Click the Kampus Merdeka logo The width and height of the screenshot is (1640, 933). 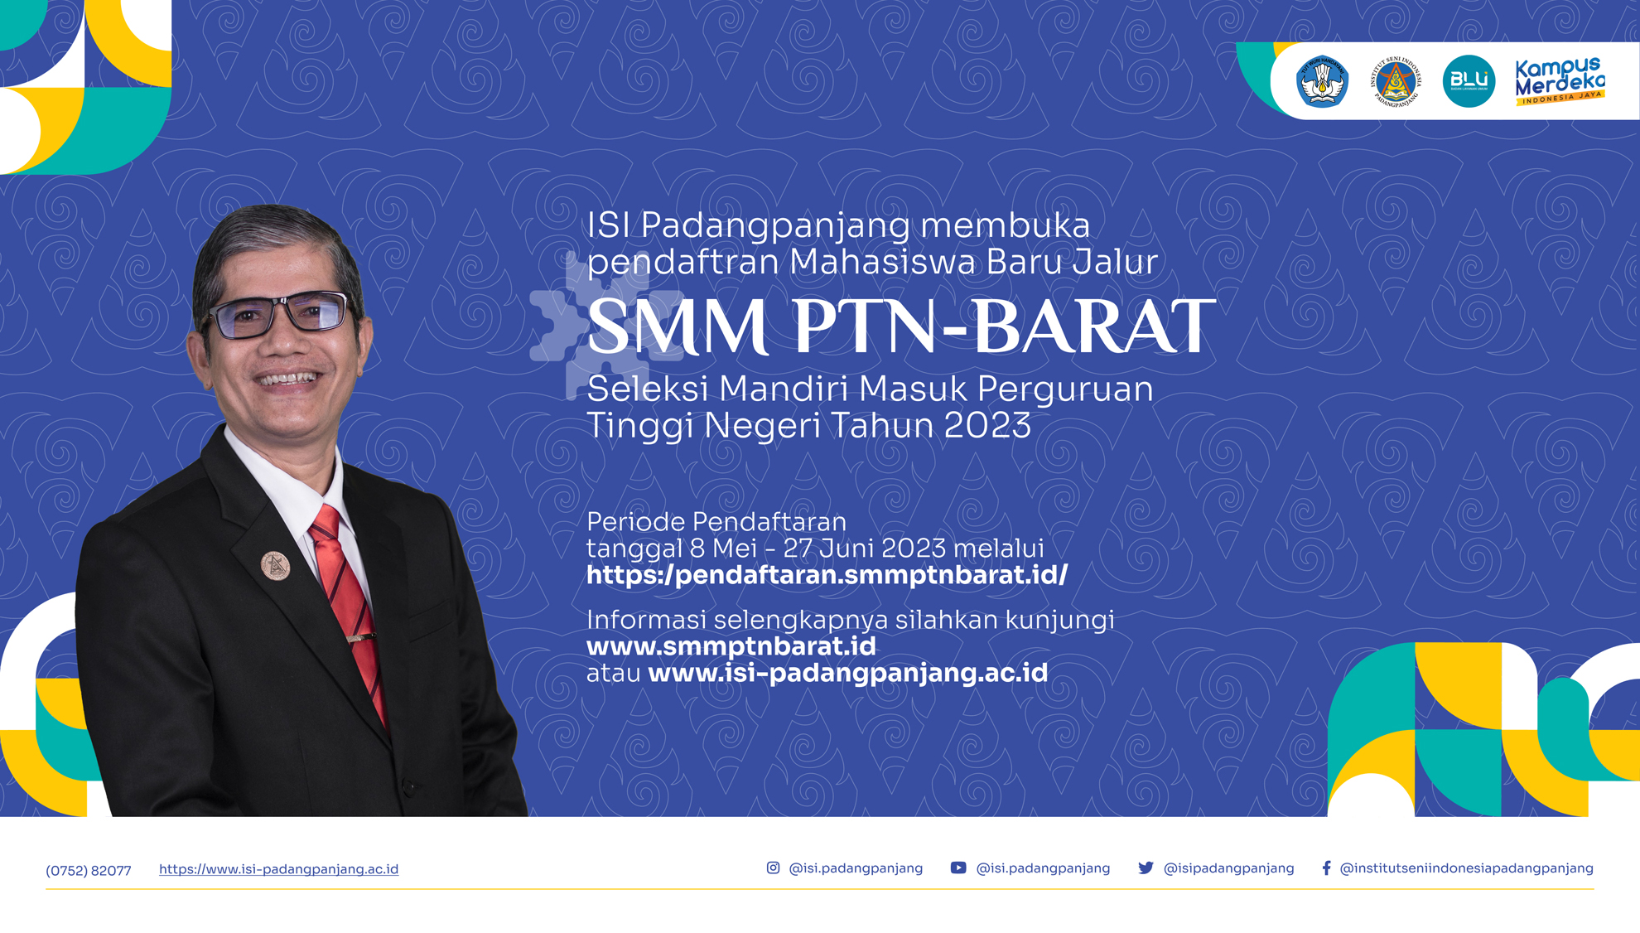(x=1560, y=81)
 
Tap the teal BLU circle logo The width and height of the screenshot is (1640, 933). (x=1469, y=81)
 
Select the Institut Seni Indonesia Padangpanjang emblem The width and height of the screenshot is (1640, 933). (x=1396, y=81)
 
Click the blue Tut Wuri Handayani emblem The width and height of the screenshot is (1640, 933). (x=1322, y=81)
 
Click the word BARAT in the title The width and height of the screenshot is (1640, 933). (x=1094, y=326)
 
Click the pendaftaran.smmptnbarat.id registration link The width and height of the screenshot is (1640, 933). (x=827, y=574)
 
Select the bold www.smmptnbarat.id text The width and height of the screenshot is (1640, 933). (x=731, y=645)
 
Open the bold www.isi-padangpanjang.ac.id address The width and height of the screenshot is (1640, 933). (x=848, y=672)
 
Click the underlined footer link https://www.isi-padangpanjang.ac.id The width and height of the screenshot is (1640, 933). (x=278, y=869)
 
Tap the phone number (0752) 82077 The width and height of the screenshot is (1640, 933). (x=89, y=870)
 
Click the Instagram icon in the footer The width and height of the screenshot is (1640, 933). (x=773, y=868)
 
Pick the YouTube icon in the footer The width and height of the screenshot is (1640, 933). (x=958, y=868)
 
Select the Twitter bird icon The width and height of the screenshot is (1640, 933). (x=1146, y=868)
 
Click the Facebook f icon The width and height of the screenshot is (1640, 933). (x=1326, y=868)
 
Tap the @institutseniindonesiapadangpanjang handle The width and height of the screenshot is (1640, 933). (x=1467, y=868)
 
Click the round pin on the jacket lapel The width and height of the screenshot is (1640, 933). (x=276, y=565)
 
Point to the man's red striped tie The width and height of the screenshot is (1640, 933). (x=349, y=605)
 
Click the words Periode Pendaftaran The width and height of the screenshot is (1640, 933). (x=716, y=522)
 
